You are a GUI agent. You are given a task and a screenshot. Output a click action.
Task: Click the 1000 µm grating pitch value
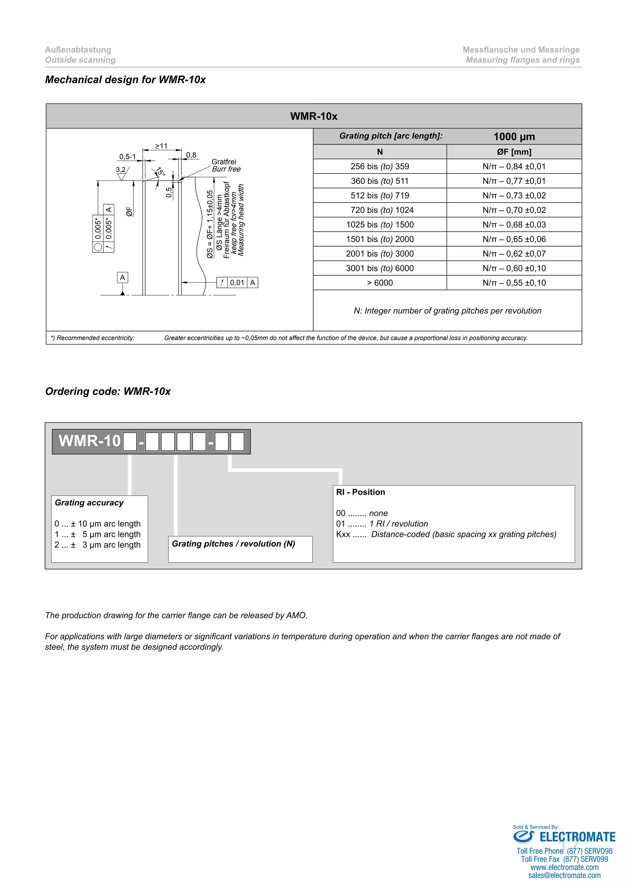(514, 137)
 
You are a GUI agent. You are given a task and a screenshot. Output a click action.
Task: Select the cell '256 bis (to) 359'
(380, 166)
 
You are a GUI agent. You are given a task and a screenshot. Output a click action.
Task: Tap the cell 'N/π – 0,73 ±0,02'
(514, 195)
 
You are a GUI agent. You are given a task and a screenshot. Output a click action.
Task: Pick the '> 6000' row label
(380, 283)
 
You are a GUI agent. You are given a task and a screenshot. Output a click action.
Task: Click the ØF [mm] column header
(514, 152)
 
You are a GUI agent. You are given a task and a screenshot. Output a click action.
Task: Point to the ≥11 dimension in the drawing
(161, 146)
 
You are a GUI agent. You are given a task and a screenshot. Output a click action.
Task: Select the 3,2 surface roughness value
(121, 169)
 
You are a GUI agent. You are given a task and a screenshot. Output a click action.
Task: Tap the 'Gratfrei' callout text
(223, 162)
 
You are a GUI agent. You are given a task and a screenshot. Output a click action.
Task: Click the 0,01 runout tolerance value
(237, 282)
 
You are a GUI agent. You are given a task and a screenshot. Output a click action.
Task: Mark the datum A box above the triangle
(122, 277)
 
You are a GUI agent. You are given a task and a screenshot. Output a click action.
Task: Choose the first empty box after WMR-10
(130, 442)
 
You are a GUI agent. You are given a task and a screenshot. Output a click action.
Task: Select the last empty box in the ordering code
(237, 442)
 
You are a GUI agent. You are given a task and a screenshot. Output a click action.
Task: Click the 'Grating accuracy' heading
(89, 502)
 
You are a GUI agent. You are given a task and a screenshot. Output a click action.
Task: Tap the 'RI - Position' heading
(360, 492)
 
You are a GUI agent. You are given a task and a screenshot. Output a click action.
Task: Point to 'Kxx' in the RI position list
(343, 534)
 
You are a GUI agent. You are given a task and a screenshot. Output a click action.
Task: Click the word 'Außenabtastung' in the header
(78, 50)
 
